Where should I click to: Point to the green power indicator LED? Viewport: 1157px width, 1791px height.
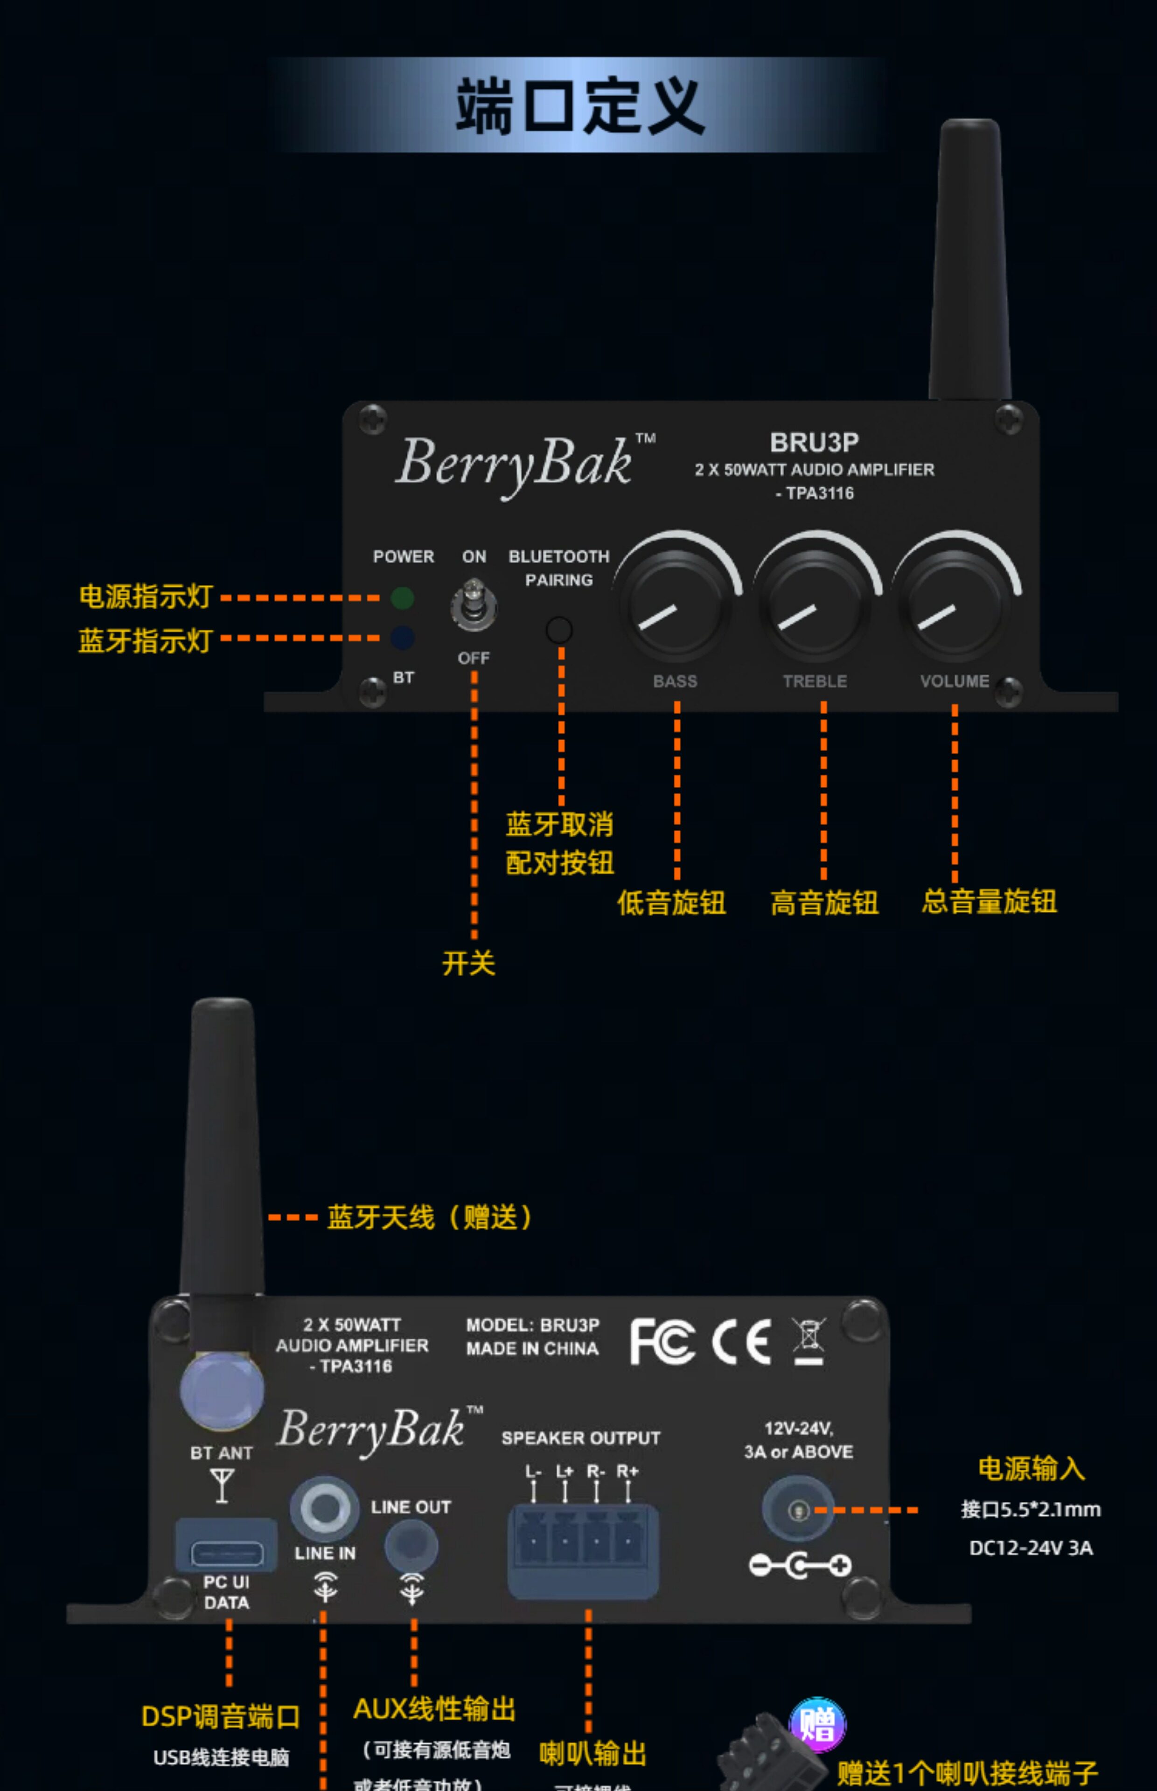pos(403,598)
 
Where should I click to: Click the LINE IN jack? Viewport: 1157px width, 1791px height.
pos(325,1508)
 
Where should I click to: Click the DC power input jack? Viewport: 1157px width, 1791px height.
pos(798,1509)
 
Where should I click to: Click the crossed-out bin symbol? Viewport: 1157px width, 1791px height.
pos(809,1340)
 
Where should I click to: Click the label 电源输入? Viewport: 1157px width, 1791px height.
pos(1031,1468)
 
